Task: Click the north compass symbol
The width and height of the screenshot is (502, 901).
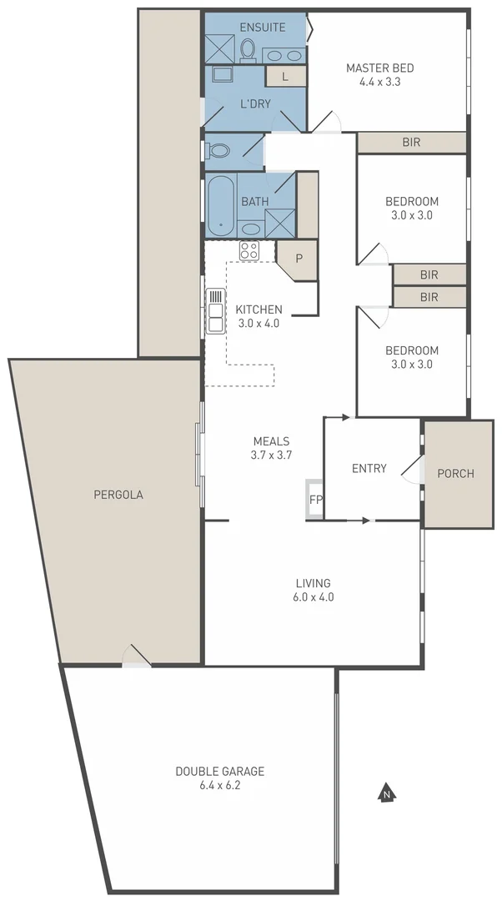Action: (x=385, y=793)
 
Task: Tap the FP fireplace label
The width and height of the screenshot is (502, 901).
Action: (x=315, y=500)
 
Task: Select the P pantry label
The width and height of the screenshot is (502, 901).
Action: (x=298, y=258)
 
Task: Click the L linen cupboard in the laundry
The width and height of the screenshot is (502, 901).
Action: (x=285, y=77)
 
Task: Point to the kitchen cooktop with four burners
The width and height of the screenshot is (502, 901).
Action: (x=249, y=249)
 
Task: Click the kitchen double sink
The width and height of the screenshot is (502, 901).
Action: (x=215, y=310)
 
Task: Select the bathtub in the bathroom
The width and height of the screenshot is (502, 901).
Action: (x=221, y=204)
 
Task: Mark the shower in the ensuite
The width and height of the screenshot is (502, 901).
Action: (x=219, y=48)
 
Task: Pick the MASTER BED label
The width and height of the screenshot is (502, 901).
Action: (x=380, y=68)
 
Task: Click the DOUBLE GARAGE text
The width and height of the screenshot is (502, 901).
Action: (x=219, y=772)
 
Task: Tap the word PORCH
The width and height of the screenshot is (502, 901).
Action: (x=455, y=473)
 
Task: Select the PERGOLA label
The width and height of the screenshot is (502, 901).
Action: (x=118, y=494)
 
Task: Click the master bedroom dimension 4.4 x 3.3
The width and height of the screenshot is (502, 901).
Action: (x=380, y=82)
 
